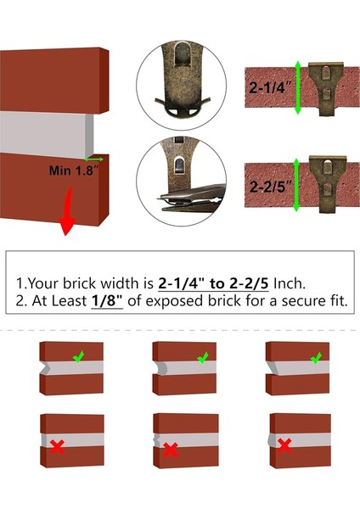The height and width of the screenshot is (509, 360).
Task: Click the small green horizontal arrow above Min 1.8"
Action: tap(93, 159)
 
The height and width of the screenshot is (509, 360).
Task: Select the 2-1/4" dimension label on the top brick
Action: tap(270, 87)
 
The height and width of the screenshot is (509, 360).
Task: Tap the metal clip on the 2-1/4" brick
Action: tap(326, 84)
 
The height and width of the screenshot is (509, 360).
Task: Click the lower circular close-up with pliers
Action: tap(180, 181)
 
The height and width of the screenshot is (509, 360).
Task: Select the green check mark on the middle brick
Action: tap(202, 360)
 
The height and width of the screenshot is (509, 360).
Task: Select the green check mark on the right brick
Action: tap(314, 360)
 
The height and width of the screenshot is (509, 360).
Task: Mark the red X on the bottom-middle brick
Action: tap(170, 449)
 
